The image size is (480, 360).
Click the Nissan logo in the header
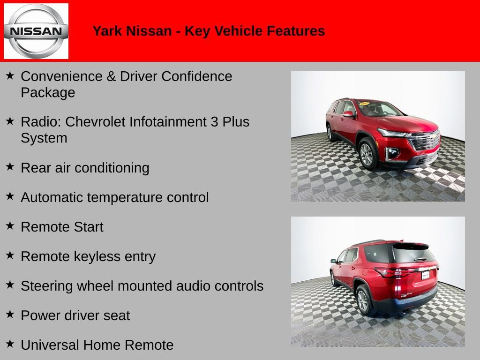(36, 31)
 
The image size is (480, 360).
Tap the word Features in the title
(296, 31)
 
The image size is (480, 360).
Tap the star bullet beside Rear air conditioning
(10, 166)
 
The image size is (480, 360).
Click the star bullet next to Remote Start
(10, 225)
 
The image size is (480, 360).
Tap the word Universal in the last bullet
(50, 345)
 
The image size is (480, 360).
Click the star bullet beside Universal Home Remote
(10, 344)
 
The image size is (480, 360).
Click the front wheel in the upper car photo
(367, 154)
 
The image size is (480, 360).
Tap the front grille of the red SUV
(425, 141)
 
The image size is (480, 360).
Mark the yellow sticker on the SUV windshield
(364, 103)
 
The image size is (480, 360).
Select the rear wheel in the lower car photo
(363, 300)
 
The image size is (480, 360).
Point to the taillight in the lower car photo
(389, 272)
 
